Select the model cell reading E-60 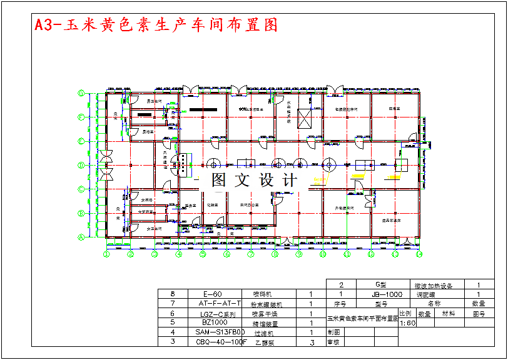point(213,293)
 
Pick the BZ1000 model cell point(214,322)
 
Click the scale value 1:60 point(407,323)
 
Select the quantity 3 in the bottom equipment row point(312,342)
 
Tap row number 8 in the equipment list point(172,293)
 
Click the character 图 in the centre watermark point(218,181)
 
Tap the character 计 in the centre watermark point(290,181)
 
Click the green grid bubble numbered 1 point(106,254)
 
